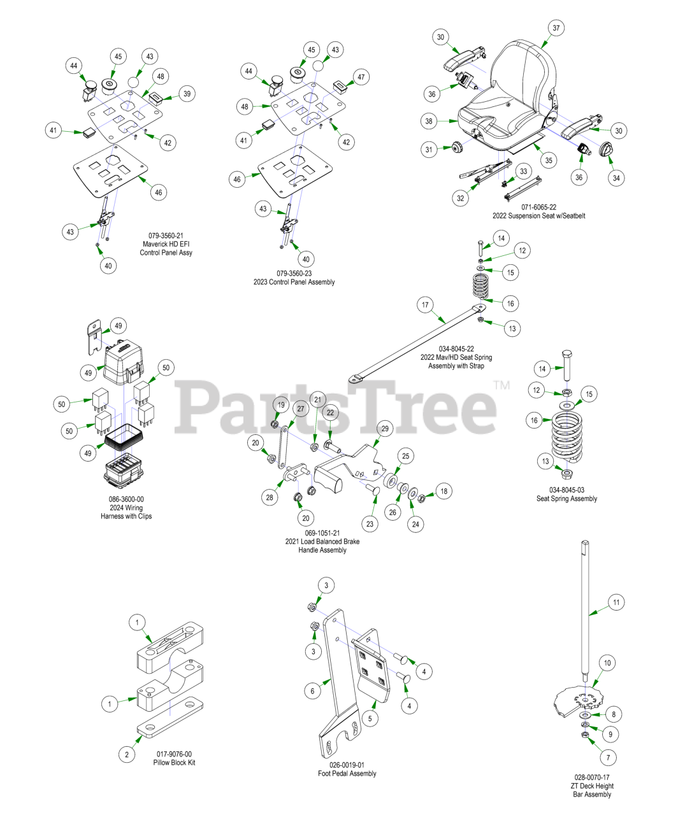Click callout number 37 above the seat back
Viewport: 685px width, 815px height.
556,28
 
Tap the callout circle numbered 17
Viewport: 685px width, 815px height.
425,305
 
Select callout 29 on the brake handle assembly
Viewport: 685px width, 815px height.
385,429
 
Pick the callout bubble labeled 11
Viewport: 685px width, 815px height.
616,602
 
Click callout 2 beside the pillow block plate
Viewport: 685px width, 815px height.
127,754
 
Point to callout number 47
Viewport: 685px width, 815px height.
361,77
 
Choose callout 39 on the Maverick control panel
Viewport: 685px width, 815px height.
187,94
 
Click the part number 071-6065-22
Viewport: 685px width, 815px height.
538,208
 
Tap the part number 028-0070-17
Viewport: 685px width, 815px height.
591,777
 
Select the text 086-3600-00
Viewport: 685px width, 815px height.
126,499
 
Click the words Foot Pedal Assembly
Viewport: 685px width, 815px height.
347,773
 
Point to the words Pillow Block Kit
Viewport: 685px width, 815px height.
175,762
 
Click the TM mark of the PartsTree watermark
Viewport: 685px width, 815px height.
501,385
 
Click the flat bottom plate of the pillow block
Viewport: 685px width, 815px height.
170,717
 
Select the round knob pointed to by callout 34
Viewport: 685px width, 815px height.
606,149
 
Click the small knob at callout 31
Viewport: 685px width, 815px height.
457,148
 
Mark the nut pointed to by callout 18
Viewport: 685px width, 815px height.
422,499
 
